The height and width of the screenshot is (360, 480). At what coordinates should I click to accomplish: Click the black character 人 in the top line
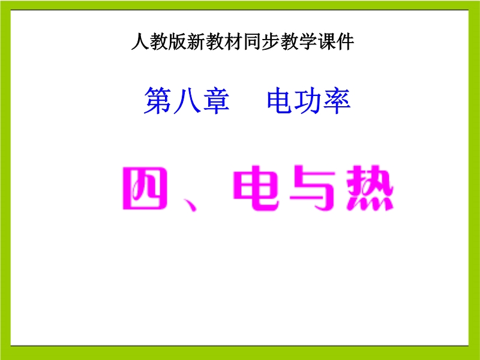click(x=140, y=41)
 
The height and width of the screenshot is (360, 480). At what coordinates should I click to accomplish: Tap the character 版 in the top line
click(x=178, y=41)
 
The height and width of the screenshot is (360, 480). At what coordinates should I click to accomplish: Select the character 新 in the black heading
click(x=196, y=41)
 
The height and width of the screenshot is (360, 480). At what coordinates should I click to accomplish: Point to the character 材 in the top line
click(x=233, y=41)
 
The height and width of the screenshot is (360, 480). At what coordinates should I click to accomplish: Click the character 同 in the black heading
click(x=252, y=41)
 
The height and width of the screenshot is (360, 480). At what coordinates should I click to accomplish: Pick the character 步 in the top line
click(x=271, y=41)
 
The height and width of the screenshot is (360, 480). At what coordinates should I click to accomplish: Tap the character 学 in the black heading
click(x=308, y=41)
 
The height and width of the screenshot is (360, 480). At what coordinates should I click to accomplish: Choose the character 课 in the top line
click(x=327, y=41)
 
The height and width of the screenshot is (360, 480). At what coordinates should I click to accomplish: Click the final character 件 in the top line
click(x=346, y=41)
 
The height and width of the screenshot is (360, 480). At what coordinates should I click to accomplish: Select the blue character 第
click(x=157, y=100)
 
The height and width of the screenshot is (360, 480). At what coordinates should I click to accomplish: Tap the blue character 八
click(x=187, y=100)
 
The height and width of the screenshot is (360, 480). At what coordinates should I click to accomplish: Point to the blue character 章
click(x=216, y=100)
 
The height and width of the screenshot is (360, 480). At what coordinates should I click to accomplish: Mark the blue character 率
click(x=337, y=100)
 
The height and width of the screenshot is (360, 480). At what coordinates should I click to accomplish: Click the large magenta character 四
click(x=145, y=188)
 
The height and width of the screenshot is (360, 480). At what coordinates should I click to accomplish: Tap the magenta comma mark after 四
click(x=190, y=205)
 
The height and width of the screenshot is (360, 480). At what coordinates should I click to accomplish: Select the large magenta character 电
click(x=257, y=188)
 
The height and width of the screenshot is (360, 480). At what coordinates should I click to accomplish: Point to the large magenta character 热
click(x=370, y=188)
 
